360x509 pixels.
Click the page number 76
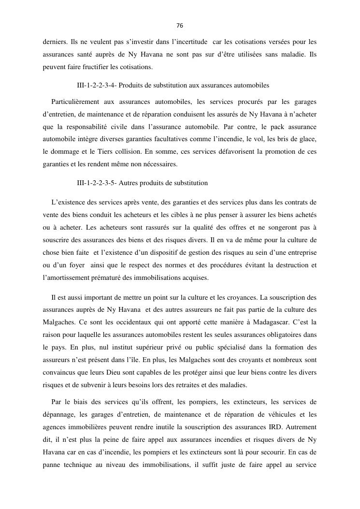point(180,26)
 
